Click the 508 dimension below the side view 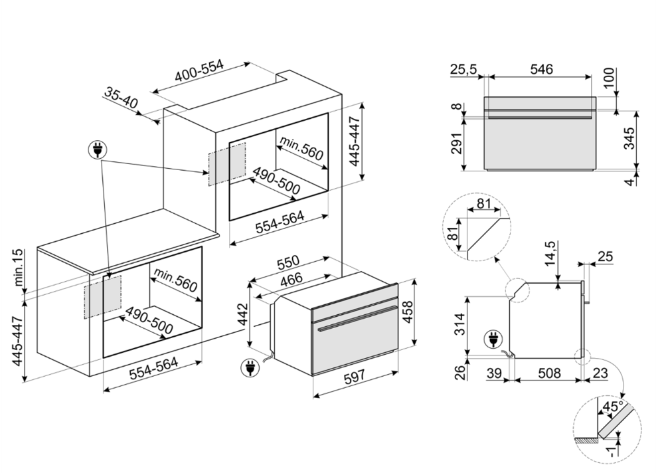tap(548, 374)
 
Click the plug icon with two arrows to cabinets tap(97, 151)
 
